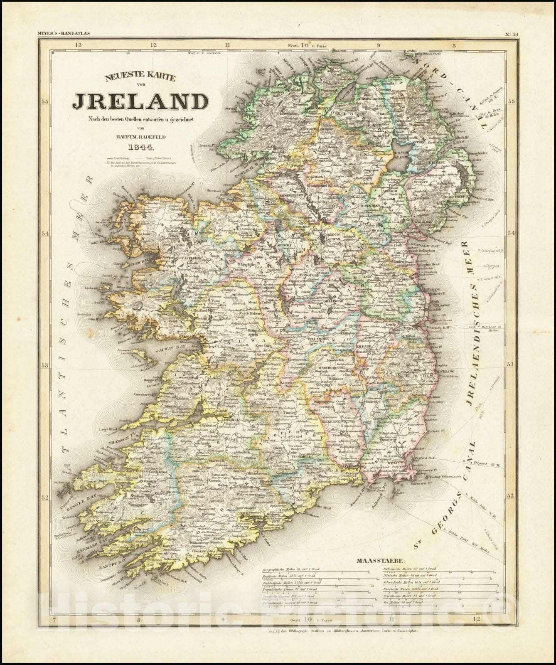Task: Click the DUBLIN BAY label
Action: coord(435,328)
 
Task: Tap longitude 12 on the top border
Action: coord(153,44)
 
